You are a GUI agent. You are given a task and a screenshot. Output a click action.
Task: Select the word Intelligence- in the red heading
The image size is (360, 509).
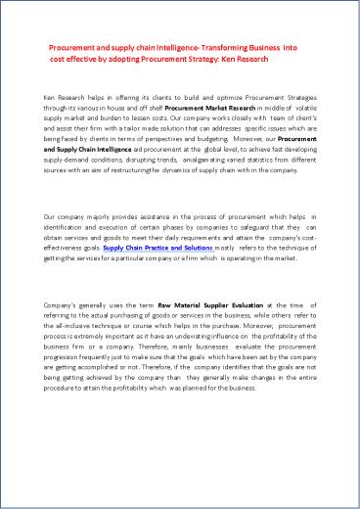click(169, 46)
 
